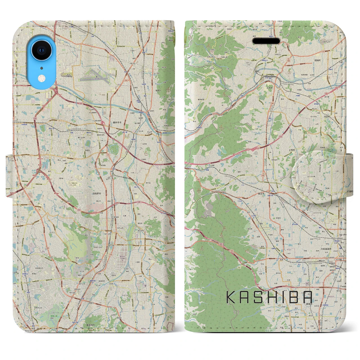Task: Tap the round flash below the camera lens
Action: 41,77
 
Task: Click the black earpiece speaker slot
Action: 266,41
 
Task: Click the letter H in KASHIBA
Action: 272,298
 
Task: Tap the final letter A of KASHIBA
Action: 308,298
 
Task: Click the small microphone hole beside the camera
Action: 41,68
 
